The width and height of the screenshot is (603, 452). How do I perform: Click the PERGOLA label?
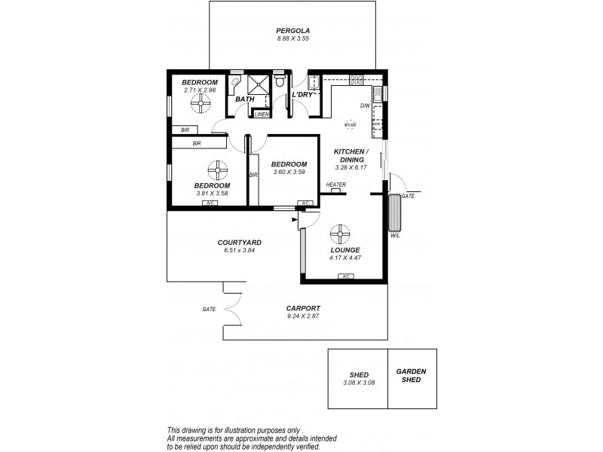[292, 31]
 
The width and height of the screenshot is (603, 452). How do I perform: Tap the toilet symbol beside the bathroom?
[280, 80]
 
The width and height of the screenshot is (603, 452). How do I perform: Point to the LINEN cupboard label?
[262, 115]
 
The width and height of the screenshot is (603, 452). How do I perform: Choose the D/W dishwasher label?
[364, 105]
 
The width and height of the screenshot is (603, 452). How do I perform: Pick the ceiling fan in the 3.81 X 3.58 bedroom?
[216, 169]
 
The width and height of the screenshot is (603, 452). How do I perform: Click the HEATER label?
[336, 185]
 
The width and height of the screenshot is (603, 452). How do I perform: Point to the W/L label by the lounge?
[395, 235]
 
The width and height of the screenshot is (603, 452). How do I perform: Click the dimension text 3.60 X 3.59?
[289, 173]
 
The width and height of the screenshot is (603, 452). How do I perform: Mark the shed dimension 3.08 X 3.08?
[358, 383]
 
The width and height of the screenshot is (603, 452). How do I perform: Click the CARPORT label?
[304, 309]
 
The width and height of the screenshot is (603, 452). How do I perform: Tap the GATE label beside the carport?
[209, 309]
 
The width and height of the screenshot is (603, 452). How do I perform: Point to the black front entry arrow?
[293, 219]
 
